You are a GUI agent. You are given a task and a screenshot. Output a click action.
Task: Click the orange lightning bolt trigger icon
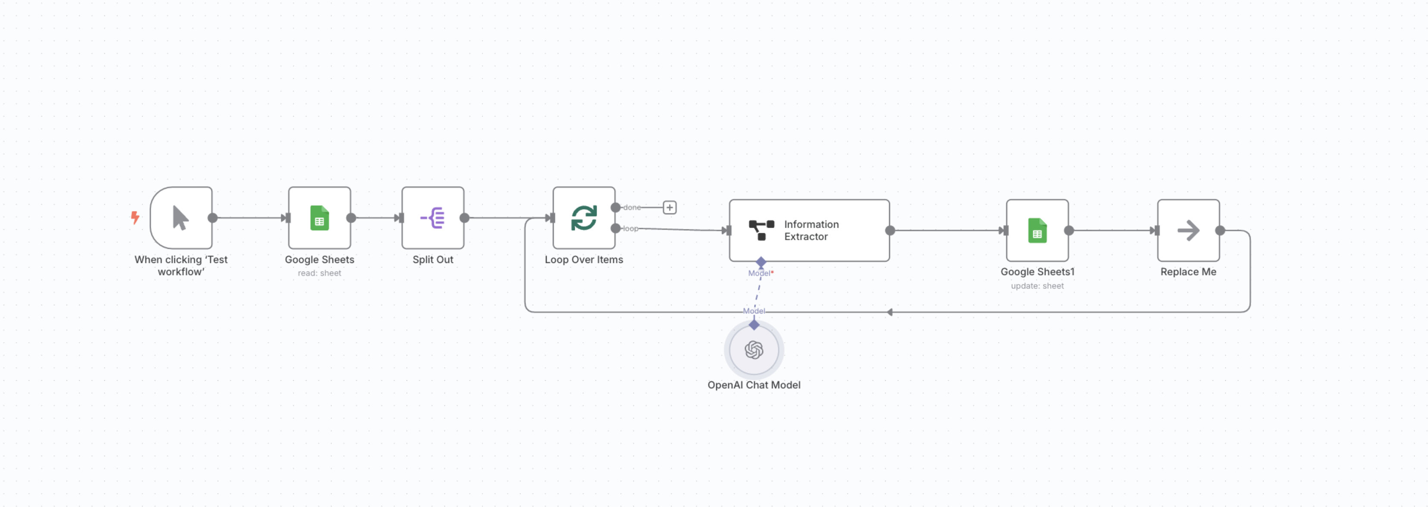pyautogui.click(x=135, y=217)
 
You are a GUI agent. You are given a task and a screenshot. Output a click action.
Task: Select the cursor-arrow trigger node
pyautogui.click(x=181, y=218)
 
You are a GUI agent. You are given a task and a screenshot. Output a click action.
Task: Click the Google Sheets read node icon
pyautogui.click(x=319, y=218)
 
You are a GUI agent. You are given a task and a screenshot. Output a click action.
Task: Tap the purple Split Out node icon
pyautogui.click(x=432, y=218)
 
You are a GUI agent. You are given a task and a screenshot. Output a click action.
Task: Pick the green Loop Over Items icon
pyautogui.click(x=584, y=218)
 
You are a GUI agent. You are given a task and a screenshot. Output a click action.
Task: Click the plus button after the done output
pyautogui.click(x=670, y=207)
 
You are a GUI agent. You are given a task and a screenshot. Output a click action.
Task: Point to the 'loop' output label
pyautogui.click(x=630, y=228)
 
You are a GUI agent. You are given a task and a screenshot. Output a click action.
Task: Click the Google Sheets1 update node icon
pyautogui.click(x=1037, y=231)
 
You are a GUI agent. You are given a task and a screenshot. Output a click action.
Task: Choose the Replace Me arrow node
pyautogui.click(x=1188, y=231)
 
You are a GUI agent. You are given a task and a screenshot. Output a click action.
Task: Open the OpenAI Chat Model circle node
pyautogui.click(x=754, y=350)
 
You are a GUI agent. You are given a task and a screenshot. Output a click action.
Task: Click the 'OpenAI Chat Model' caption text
pyautogui.click(x=754, y=385)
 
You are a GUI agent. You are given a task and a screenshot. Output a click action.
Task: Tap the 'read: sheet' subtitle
pyautogui.click(x=319, y=273)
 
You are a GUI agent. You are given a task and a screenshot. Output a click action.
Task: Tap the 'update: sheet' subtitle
pyautogui.click(x=1037, y=286)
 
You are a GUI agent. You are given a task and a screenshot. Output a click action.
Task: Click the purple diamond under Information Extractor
pyautogui.click(x=761, y=262)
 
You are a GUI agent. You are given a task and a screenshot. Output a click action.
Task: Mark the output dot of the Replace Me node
pyautogui.click(x=1220, y=231)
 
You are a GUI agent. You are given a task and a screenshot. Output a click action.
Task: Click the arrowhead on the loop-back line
pyautogui.click(x=890, y=312)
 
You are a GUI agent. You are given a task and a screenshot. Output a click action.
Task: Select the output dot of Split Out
pyautogui.click(x=464, y=218)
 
